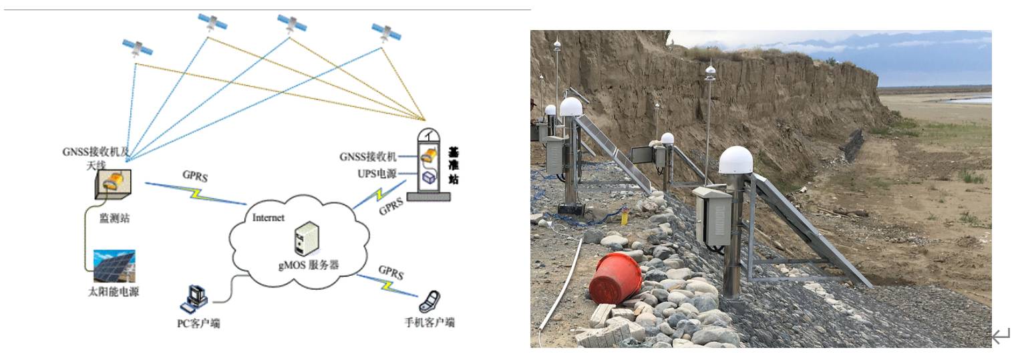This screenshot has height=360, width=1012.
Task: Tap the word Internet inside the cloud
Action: tap(269, 217)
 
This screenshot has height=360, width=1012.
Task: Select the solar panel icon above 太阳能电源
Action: tap(114, 266)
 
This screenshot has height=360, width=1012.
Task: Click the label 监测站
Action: tap(113, 219)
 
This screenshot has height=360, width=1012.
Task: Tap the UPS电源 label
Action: tap(377, 174)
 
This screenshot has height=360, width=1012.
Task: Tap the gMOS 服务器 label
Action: tap(309, 265)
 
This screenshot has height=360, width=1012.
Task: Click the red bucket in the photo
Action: tap(614, 277)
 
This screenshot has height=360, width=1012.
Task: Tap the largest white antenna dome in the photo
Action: tap(735, 160)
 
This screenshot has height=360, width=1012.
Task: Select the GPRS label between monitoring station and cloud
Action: tap(194, 176)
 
